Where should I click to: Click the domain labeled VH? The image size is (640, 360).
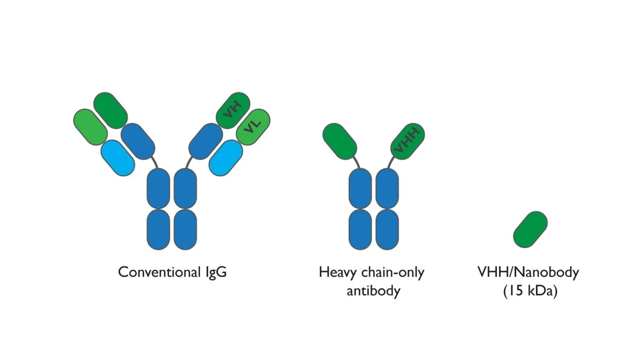tap(233, 110)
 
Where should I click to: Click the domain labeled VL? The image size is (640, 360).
tap(253, 127)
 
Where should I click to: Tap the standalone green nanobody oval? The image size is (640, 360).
tap(530, 229)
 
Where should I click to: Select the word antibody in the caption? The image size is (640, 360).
tap(373, 290)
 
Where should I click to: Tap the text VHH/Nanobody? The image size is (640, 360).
tap(528, 272)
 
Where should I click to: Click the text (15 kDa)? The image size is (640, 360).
tap(530, 291)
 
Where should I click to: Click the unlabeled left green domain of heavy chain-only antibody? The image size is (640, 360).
tap(339, 141)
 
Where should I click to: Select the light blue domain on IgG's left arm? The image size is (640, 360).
tap(117, 157)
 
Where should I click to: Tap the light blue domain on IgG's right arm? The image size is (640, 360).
tap(225, 157)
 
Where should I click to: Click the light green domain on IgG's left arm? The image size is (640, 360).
tap(90, 127)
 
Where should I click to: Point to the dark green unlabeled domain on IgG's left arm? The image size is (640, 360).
tap(110, 110)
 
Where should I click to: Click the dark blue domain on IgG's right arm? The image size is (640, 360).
tap(205, 141)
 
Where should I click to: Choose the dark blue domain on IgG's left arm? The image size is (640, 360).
tap(138, 141)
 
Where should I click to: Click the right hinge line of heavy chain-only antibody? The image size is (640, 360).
tap(389, 163)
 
